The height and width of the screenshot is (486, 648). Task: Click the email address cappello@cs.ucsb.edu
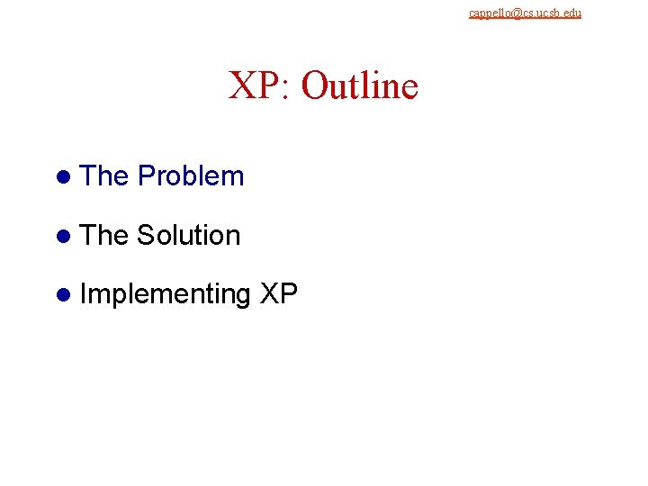[525, 13]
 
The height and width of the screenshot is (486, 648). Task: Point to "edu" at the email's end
[572, 13]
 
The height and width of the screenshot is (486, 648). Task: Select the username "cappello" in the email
[485, 13]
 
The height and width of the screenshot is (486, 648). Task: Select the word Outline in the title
[360, 86]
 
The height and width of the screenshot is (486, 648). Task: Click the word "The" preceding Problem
[104, 176]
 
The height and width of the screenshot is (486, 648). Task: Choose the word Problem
[191, 176]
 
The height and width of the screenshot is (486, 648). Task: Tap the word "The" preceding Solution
[104, 236]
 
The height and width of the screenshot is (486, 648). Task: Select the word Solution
[189, 236]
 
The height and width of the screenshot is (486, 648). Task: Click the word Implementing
[165, 295]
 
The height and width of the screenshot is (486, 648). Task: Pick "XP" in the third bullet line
[277, 294]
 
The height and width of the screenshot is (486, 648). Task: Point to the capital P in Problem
[147, 176]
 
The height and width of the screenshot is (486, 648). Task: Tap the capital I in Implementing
[84, 294]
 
